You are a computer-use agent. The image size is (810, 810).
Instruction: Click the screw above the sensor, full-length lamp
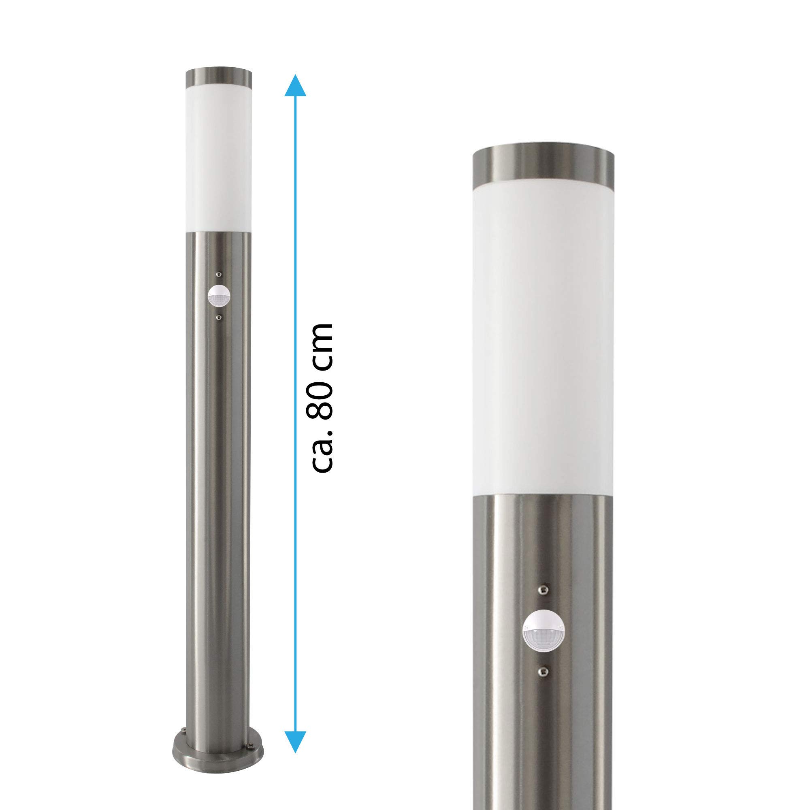[218, 274]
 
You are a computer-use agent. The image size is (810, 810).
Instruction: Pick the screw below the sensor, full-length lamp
[218, 318]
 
